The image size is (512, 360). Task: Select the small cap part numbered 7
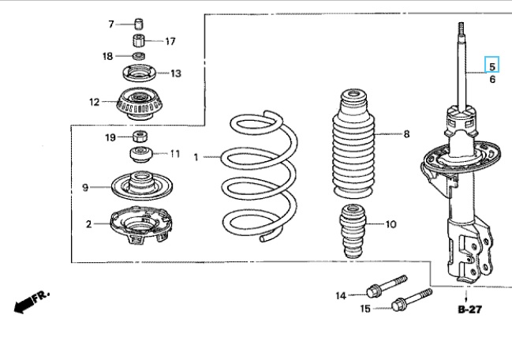[139, 24]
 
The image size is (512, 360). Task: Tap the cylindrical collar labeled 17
[139, 40]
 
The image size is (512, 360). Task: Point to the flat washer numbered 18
[139, 56]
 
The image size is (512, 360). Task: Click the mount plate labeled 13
[140, 73]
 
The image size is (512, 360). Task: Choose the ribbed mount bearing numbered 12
[140, 103]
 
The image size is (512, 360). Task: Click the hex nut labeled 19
[140, 136]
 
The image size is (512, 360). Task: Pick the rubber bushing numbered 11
[141, 154]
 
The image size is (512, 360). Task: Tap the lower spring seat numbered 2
[141, 225]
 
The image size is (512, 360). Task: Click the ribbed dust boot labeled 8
[353, 143]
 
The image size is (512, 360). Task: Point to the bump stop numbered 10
[353, 231]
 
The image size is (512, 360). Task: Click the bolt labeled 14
[387, 286]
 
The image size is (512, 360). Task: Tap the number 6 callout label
[492, 80]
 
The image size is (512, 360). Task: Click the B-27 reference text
[469, 309]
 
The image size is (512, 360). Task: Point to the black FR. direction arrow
[32, 302]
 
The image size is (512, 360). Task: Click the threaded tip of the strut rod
[461, 29]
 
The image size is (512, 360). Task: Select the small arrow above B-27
[466, 295]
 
